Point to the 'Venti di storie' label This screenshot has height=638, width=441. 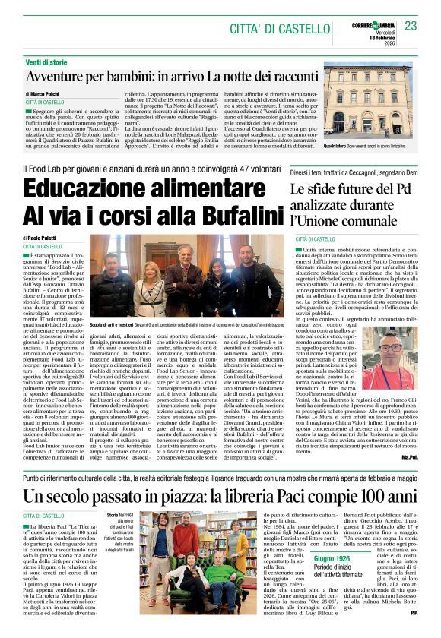[x=49, y=61]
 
